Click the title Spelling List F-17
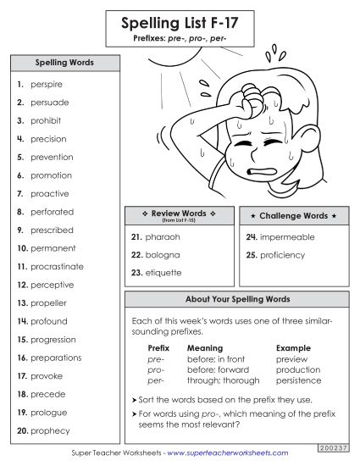click(179, 23)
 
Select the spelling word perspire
click(46, 85)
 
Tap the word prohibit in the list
click(46, 121)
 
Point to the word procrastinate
click(57, 267)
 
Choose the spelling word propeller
click(48, 303)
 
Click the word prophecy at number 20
click(48, 431)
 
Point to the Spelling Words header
click(64, 63)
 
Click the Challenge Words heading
click(293, 216)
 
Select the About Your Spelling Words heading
click(237, 300)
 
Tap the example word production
click(298, 370)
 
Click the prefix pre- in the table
click(155, 359)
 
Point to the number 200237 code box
click(334, 446)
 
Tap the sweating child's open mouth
click(261, 169)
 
